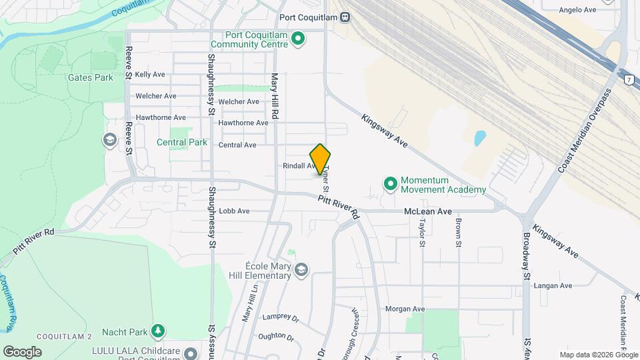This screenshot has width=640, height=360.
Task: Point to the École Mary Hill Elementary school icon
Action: point(301,269)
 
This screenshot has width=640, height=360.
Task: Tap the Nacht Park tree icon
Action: point(157,331)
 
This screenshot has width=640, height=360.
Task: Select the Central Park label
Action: point(182,142)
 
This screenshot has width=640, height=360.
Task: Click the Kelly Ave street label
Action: point(149,75)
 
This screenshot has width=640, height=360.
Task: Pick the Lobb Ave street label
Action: point(234,211)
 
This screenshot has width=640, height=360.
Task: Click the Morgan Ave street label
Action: point(405,309)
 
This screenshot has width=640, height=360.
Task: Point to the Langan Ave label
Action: point(553,285)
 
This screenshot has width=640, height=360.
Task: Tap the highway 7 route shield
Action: point(628,80)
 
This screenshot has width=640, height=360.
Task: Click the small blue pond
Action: point(479,139)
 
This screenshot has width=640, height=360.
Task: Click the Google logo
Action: point(22,351)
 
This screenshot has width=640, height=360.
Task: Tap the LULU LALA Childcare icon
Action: point(191,353)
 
